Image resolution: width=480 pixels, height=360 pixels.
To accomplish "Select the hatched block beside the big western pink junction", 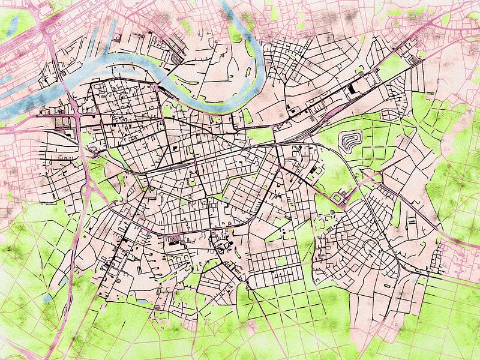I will coord(62,124).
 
